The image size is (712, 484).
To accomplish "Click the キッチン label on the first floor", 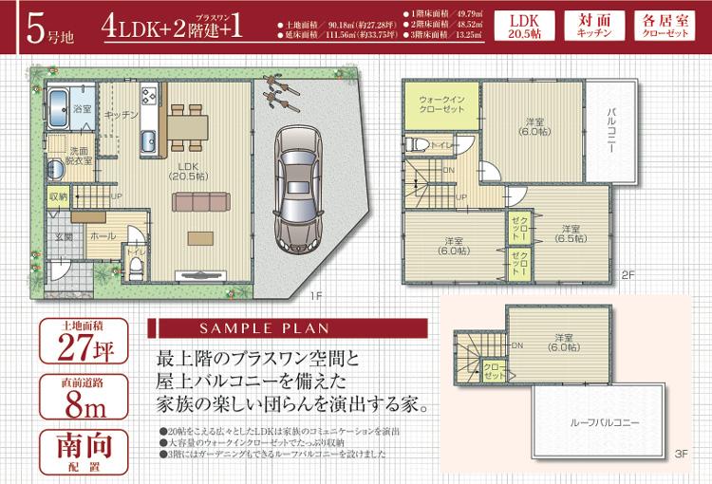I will (122, 114).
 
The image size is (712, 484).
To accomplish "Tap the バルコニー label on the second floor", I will (612, 132).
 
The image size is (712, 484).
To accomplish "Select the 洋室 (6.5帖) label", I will (569, 233).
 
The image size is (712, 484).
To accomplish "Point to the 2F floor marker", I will (627, 274).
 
